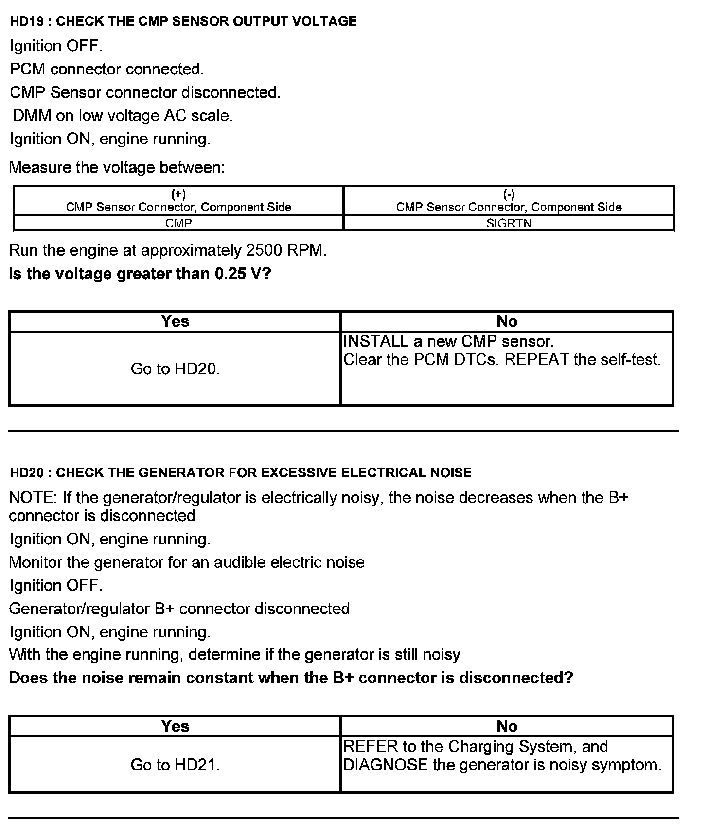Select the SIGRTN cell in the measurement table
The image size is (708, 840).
tap(509, 223)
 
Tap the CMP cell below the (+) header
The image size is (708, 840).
tap(178, 223)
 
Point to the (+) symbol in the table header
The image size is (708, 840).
tap(178, 194)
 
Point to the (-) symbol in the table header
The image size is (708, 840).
tap(509, 194)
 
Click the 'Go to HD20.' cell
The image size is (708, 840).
tap(175, 369)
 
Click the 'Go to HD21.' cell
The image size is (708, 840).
tap(175, 765)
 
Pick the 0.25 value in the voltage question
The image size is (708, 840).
tap(228, 274)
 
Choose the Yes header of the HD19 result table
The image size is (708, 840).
tap(175, 321)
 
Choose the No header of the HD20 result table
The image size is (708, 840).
tap(507, 726)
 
